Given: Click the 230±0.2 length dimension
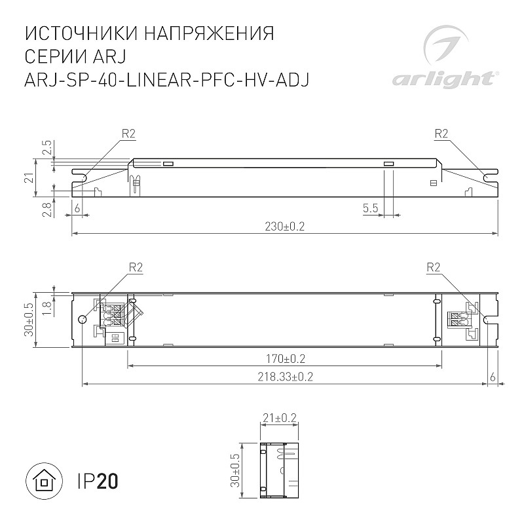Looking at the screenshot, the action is coord(285,227).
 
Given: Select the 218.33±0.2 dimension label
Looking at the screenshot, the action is coord(285,377).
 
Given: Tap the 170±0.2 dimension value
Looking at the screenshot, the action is coord(286,359).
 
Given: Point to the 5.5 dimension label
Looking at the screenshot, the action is coord(370,208).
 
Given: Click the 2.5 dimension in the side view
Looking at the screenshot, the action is coord(47,147).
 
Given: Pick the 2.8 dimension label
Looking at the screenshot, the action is coord(48,210).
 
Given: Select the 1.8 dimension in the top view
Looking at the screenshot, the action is coord(48,309).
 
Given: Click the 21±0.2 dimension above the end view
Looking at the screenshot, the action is coord(279,418).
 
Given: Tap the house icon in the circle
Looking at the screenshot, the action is coord(44,481).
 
